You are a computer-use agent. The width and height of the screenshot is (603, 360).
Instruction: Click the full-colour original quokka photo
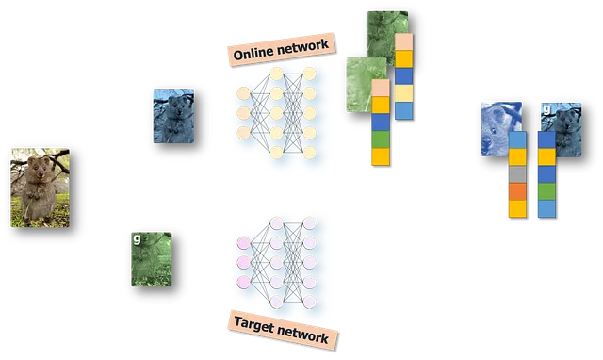click(x=41, y=188)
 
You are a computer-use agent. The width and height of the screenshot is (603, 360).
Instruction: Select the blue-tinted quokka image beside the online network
click(x=173, y=116)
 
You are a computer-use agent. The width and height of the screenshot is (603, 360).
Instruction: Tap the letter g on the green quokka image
click(x=137, y=238)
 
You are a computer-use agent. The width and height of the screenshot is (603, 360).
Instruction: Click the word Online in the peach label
click(x=253, y=53)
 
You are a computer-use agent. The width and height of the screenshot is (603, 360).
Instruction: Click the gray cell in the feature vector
click(x=517, y=174)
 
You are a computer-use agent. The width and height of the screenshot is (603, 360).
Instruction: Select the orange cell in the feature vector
click(x=517, y=192)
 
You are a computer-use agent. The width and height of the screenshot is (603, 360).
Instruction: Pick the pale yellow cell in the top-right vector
click(x=404, y=93)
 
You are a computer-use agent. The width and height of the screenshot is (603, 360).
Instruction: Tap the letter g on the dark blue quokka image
click(x=546, y=109)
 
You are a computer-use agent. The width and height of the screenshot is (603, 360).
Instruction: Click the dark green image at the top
click(x=387, y=37)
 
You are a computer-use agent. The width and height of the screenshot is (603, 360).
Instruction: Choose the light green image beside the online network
click(x=367, y=85)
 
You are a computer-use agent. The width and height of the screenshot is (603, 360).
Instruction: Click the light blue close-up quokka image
click(x=501, y=129)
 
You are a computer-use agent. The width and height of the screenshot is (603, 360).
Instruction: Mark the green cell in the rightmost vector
click(x=546, y=192)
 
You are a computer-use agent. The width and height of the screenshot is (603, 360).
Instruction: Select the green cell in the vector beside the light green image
click(x=381, y=139)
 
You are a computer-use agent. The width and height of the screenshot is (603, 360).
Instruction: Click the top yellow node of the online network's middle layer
click(x=276, y=74)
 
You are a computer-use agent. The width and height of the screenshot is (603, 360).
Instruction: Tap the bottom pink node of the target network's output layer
click(x=310, y=302)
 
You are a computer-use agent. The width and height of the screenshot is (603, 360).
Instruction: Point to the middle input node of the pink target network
click(x=244, y=262)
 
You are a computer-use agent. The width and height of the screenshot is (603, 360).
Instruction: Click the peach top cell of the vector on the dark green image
click(x=404, y=41)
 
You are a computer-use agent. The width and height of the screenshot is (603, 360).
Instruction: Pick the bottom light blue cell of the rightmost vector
click(x=546, y=209)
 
